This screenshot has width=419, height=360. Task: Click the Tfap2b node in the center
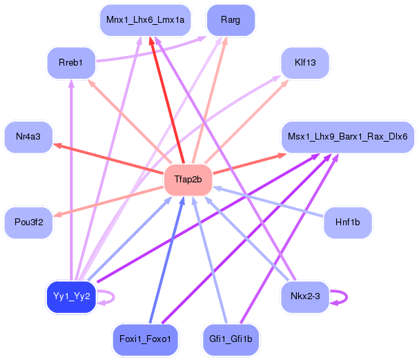point(188,180)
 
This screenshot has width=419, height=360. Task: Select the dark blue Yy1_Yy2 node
point(71,296)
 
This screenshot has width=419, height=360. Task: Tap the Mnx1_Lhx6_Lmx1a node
point(145,20)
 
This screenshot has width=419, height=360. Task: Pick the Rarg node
point(231,20)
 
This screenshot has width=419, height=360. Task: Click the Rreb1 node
point(71,63)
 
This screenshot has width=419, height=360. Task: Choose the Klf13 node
point(305,63)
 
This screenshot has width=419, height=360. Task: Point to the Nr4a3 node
point(28,137)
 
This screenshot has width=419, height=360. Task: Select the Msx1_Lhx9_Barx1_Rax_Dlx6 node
point(348,137)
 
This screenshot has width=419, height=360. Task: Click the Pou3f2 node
point(28,222)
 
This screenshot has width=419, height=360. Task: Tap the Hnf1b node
point(348,222)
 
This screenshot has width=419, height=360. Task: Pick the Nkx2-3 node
point(305,296)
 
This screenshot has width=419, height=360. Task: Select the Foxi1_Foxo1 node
point(145,339)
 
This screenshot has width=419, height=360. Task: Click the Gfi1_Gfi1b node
point(231,339)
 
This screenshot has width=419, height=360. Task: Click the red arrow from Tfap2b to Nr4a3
point(108,158)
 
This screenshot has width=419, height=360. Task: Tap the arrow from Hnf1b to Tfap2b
point(268,201)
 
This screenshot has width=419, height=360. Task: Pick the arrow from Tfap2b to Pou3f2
point(108,202)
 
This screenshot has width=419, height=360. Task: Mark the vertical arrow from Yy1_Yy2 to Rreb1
point(71,180)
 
